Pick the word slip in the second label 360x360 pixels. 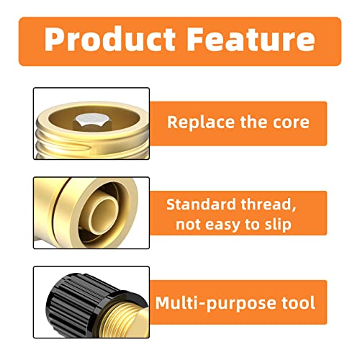pos(277,224)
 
